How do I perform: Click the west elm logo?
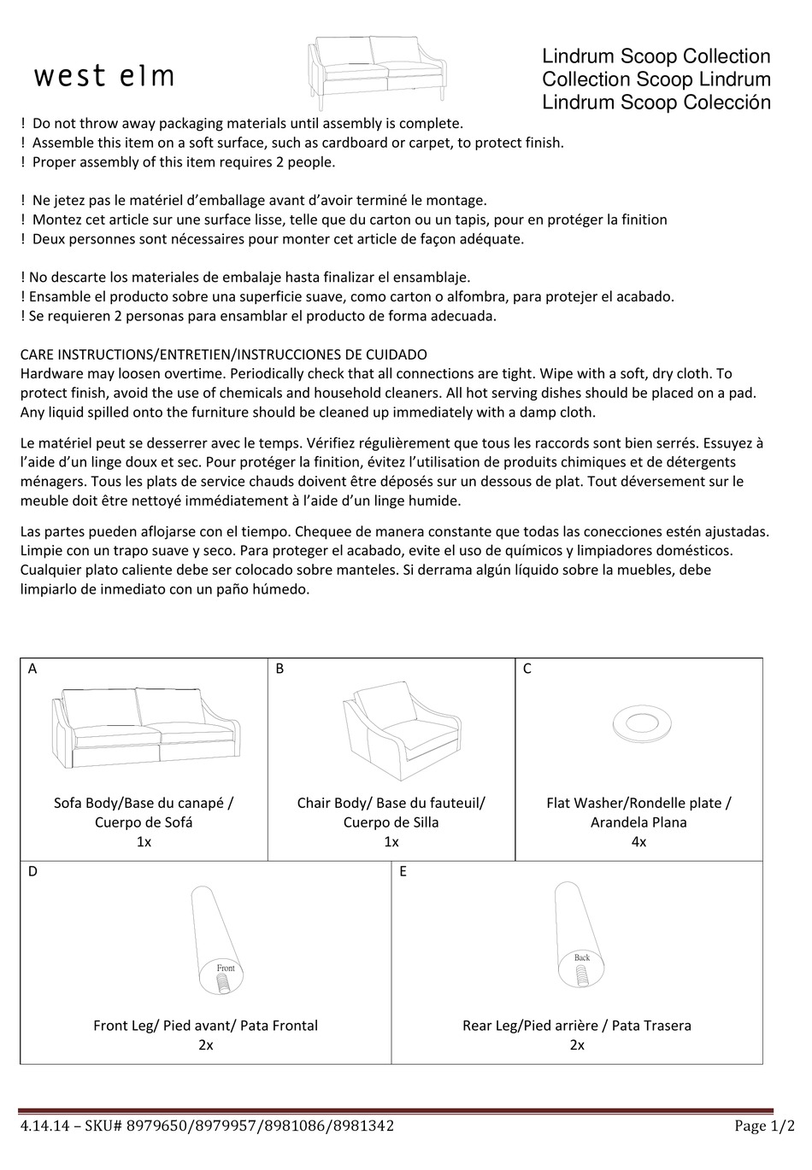(104, 77)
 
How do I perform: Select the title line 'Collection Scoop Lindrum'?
(656, 79)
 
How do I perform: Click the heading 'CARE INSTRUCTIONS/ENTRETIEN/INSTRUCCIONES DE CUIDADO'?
(223, 354)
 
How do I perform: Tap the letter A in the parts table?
(32, 669)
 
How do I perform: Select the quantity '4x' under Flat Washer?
(638, 842)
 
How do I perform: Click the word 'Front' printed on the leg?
(226, 968)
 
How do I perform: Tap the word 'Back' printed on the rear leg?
(582, 957)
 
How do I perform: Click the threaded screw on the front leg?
(222, 984)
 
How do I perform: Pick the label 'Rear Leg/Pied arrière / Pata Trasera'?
(577, 1026)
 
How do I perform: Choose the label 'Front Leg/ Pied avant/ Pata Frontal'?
(205, 1026)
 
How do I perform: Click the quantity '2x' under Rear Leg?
(577, 1045)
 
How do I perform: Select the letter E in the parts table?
(403, 872)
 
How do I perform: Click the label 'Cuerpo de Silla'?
(391, 822)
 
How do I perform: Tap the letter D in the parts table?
(32, 872)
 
